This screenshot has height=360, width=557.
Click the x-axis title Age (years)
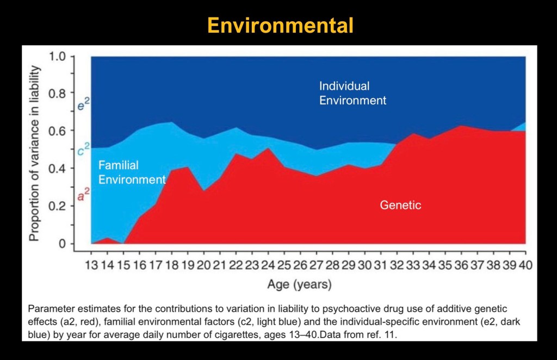[x=299, y=284]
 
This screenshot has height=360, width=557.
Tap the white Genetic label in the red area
[x=400, y=205]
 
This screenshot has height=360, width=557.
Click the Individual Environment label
[x=352, y=93]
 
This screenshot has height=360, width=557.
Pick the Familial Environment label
[x=132, y=172]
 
